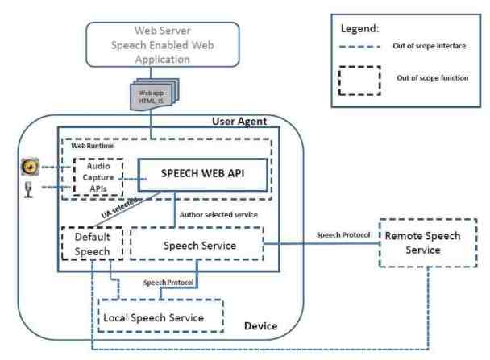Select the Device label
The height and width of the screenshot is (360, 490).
(x=261, y=326)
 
